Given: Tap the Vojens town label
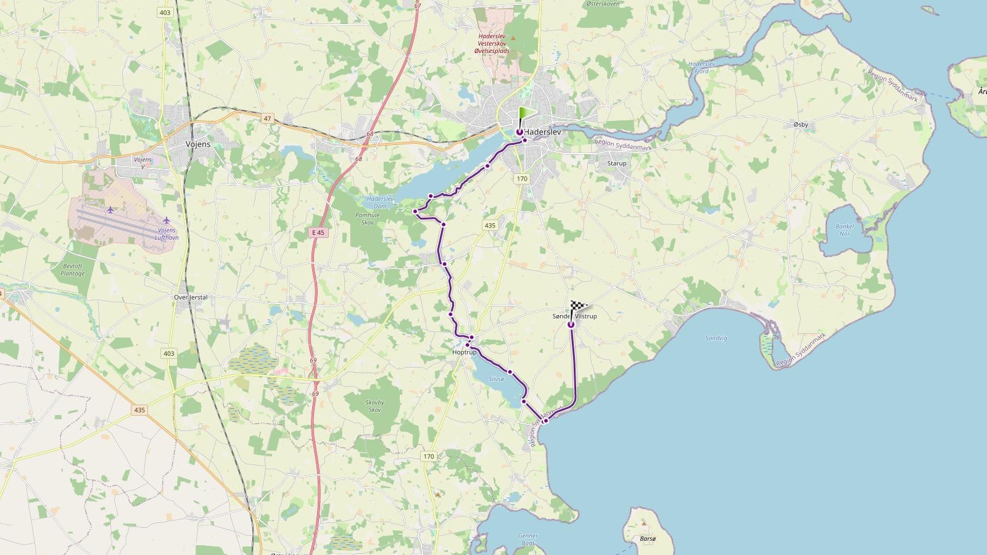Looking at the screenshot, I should (x=198, y=144).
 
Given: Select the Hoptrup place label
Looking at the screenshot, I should (x=465, y=352).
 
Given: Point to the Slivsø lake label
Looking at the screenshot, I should (x=496, y=379).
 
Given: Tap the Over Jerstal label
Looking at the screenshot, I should (x=191, y=297).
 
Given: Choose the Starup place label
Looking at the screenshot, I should (x=616, y=163).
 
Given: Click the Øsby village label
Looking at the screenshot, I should (x=801, y=125).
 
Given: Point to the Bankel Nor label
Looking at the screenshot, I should (x=845, y=230).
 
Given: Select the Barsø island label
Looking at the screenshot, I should (x=648, y=539).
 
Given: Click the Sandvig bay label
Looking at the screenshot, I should (x=716, y=338).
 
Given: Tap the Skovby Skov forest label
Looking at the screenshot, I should (x=374, y=406).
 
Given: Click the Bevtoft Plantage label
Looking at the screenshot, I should (x=73, y=269).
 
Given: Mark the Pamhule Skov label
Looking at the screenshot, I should (x=368, y=218).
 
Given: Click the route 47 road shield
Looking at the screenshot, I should (x=267, y=118).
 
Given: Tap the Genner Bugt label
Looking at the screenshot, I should (x=528, y=540).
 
